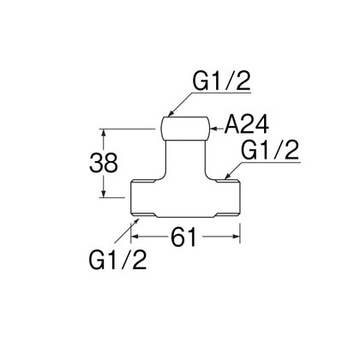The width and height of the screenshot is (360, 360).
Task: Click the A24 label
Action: (x=246, y=125)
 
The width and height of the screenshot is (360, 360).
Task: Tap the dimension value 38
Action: (x=104, y=162)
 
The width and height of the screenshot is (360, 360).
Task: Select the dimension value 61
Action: (x=183, y=237)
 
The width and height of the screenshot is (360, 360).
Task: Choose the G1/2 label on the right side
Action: (x=270, y=150)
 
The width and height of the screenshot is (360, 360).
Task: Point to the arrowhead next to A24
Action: (x=213, y=129)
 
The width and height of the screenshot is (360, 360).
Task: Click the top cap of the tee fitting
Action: (x=185, y=129)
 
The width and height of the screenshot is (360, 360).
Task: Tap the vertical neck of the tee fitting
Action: (x=185, y=159)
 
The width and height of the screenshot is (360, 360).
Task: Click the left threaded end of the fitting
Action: (x=143, y=197)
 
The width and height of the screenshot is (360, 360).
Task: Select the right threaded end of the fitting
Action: (x=228, y=197)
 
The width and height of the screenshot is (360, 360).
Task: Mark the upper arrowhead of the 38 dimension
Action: (x=104, y=133)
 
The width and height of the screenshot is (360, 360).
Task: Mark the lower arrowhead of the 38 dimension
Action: (x=104, y=194)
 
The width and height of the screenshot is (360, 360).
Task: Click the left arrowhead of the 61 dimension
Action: (x=135, y=237)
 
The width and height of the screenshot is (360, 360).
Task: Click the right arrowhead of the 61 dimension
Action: (x=236, y=237)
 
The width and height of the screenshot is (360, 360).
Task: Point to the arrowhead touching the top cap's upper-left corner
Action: (x=171, y=113)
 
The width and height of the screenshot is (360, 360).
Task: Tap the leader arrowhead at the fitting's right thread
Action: (x=228, y=177)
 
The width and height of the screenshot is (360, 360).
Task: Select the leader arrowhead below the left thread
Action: (x=136, y=221)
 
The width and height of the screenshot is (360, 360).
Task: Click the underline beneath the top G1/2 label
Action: (x=221, y=93)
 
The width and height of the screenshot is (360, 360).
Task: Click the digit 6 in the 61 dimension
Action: (x=178, y=237)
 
